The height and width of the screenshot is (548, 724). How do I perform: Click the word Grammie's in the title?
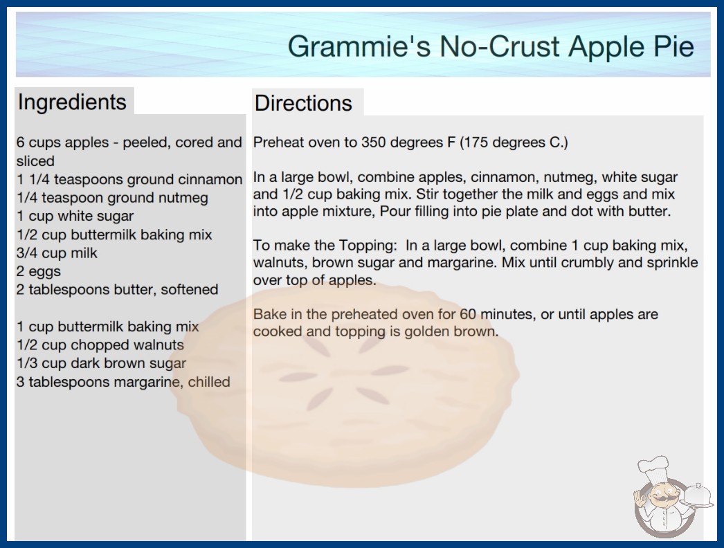point(359,46)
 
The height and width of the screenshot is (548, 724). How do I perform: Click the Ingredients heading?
point(72,102)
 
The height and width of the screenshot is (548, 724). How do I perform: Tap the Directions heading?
point(303,103)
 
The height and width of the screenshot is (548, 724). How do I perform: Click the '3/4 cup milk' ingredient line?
point(57,253)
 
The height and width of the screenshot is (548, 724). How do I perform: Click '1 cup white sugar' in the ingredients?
point(75,216)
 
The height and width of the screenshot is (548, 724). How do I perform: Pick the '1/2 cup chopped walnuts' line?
point(100,345)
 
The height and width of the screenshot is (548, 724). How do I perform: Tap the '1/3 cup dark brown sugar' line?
point(101,363)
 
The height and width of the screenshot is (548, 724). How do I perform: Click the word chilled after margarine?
point(209,382)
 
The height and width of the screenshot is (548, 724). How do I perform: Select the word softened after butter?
point(190,289)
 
